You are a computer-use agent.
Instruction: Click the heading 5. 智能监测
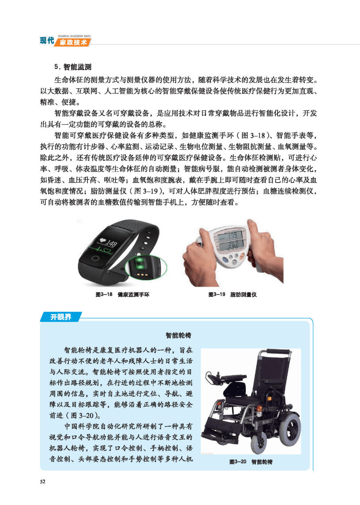point(73,67)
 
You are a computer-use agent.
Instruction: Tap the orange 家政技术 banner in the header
point(73,42)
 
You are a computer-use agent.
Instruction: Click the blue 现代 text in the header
point(47,41)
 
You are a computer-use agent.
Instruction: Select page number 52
point(42,482)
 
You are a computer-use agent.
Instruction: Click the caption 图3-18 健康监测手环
point(123,294)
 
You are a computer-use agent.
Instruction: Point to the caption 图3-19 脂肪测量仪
point(232,294)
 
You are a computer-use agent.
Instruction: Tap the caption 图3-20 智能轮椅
point(251,462)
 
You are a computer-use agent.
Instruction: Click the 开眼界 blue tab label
point(60,317)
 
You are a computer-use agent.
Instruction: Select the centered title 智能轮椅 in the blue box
point(178,335)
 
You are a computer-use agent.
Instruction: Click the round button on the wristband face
point(95,258)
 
